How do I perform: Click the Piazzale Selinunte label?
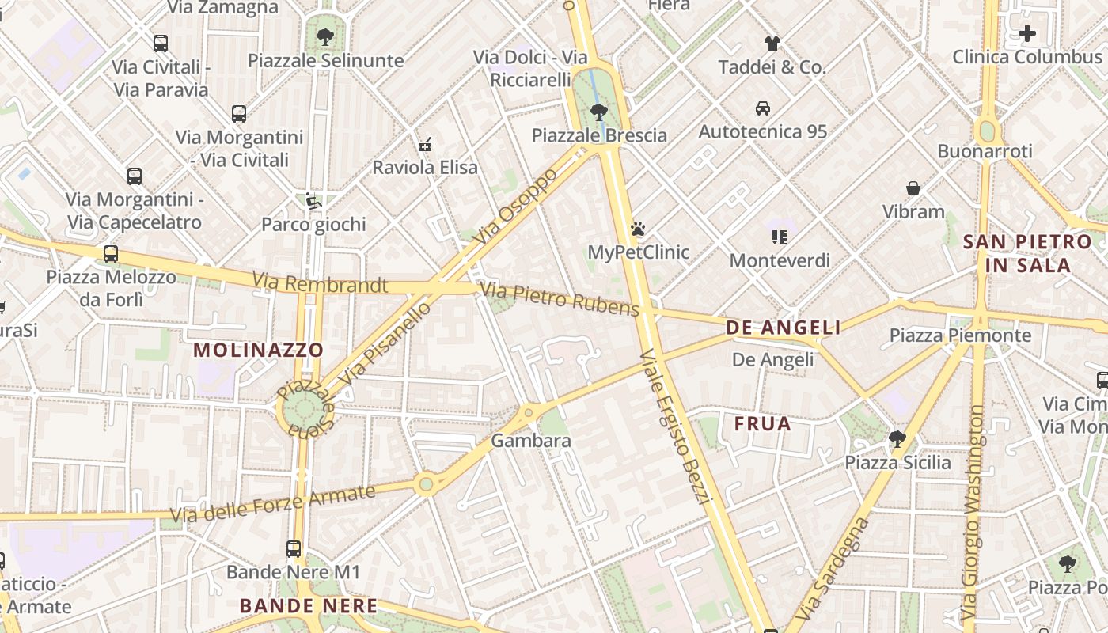click(x=325, y=60)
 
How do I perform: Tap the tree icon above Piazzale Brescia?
click(x=599, y=112)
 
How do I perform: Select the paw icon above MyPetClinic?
click(x=638, y=229)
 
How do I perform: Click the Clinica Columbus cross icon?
click(x=1026, y=34)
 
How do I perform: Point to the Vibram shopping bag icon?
click(x=913, y=188)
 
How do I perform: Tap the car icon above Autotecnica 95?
click(x=762, y=108)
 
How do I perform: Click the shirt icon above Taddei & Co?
click(x=772, y=44)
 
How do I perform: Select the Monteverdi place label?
click(x=780, y=260)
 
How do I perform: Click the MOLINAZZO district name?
click(x=258, y=350)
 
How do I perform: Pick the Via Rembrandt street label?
click(x=320, y=282)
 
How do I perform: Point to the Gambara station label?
click(x=531, y=441)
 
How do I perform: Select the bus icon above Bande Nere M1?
click(x=294, y=548)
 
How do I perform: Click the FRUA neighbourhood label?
click(x=762, y=423)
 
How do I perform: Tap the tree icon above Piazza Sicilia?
click(x=897, y=438)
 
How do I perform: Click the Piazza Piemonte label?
click(x=960, y=335)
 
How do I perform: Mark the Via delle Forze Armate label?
click(x=273, y=503)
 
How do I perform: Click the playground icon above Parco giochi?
click(x=313, y=202)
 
